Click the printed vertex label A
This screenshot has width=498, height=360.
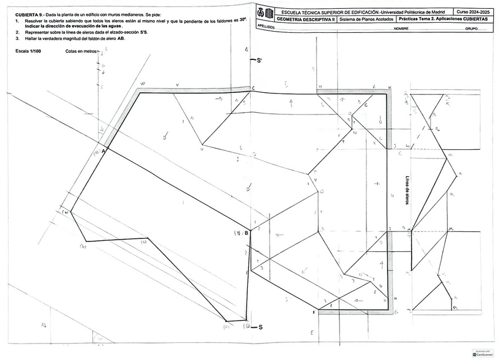103,151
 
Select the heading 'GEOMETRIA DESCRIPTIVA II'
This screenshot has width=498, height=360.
305,19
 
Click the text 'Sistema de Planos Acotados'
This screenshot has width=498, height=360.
364,19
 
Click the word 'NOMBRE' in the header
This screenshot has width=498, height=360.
401,28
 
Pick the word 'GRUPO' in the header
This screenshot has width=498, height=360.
471,28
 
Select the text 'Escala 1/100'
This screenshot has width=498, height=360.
28,51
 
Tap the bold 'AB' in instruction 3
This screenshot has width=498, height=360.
120,39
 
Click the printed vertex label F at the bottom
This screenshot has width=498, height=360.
314,312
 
